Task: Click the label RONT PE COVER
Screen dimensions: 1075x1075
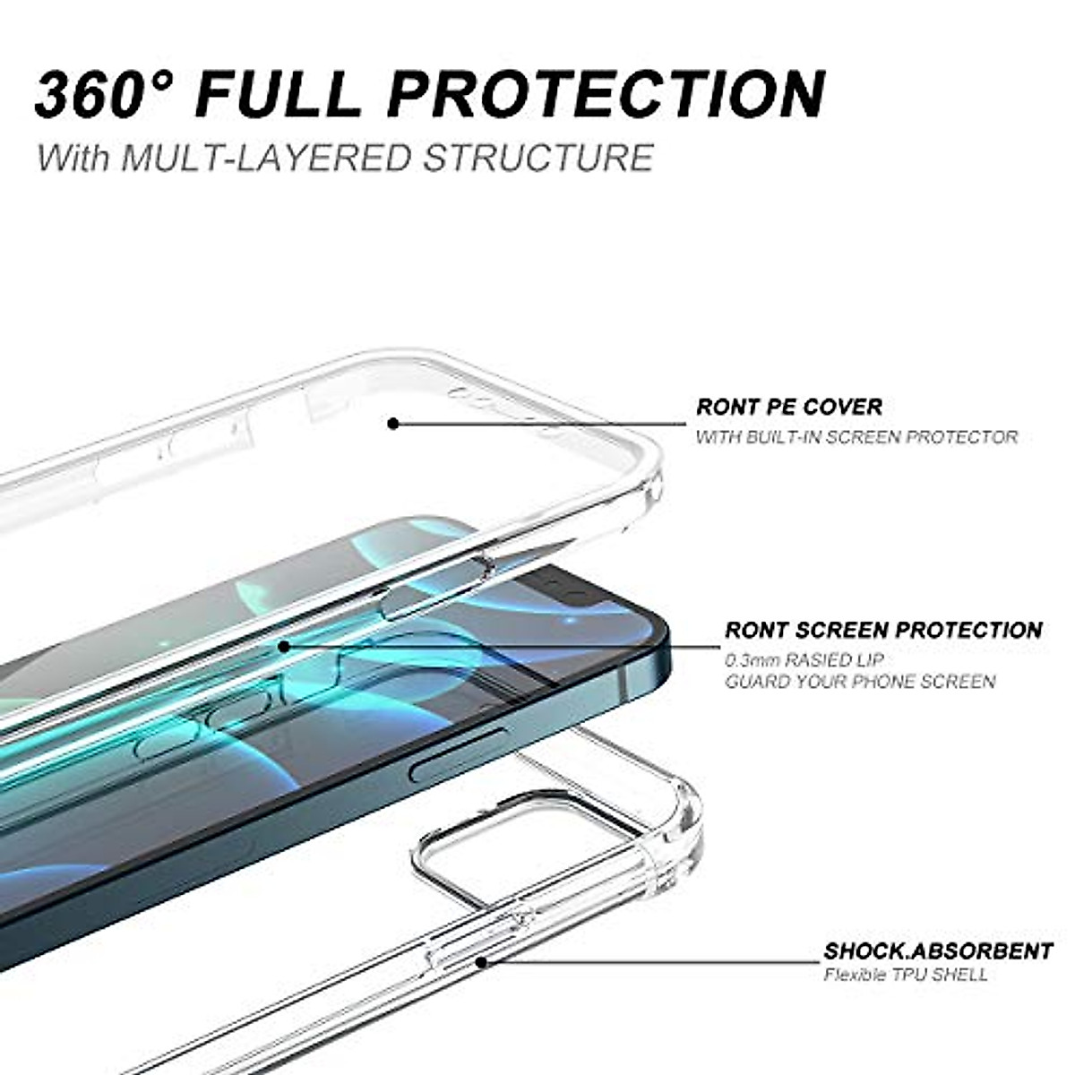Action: [789, 407]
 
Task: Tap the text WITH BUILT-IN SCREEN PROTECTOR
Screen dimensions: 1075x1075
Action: [856, 437]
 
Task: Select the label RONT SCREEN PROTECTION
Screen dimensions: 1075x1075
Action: [883, 630]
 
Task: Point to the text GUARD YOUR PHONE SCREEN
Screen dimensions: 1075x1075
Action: [860, 682]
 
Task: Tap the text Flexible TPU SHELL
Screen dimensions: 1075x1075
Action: [906, 975]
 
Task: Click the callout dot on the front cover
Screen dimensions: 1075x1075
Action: [392, 423]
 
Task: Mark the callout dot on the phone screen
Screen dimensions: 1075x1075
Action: [283, 645]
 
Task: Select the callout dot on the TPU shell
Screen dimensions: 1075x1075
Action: [481, 961]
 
